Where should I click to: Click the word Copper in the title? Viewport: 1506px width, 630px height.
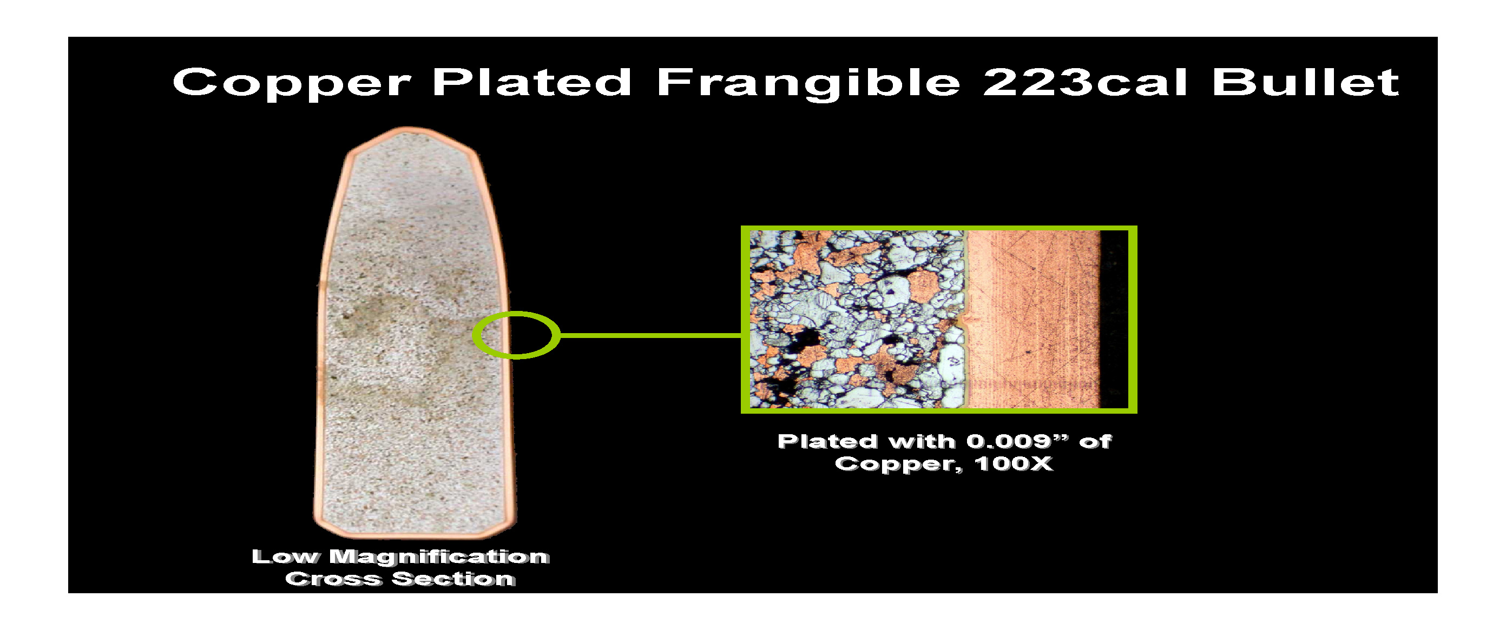pyautogui.click(x=292, y=82)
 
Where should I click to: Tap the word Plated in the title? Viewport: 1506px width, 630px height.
pyautogui.click(x=532, y=81)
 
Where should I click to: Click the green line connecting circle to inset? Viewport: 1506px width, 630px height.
pyautogui.click(x=650, y=335)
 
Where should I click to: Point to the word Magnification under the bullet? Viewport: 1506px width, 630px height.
pyautogui.click(x=439, y=556)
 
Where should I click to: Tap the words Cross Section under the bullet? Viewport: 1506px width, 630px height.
pyautogui.click(x=400, y=579)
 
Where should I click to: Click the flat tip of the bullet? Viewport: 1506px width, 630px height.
pyautogui.click(x=407, y=129)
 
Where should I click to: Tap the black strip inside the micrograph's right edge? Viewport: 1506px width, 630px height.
pyautogui.click(x=1114, y=319)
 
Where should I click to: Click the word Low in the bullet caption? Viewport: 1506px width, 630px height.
pyautogui.click(x=285, y=556)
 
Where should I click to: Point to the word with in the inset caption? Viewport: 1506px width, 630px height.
pyautogui.click(x=924, y=441)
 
